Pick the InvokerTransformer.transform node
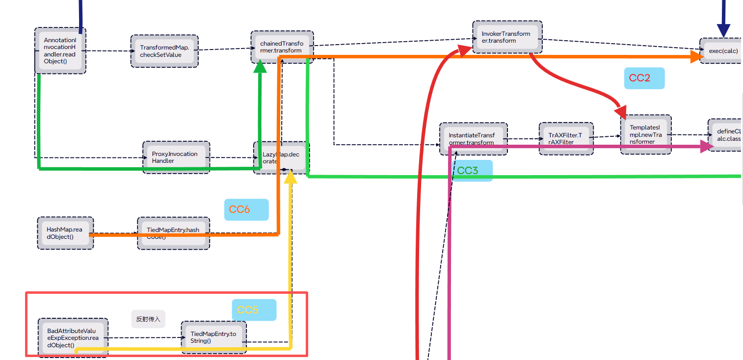coord(507,37)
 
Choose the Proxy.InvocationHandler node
coord(176,157)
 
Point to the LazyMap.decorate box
coord(282,157)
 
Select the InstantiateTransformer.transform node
coord(473,139)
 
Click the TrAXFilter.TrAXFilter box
coord(566,139)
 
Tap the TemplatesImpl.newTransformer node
coord(645,134)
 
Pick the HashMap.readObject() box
coord(65,233)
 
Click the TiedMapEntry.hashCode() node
coord(173,233)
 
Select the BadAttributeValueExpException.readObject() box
coord(73,337)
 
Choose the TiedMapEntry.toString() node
coord(213,337)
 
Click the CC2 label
coord(644,78)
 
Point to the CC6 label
coord(246,209)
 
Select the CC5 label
coord(254,310)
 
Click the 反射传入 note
coord(148,319)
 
